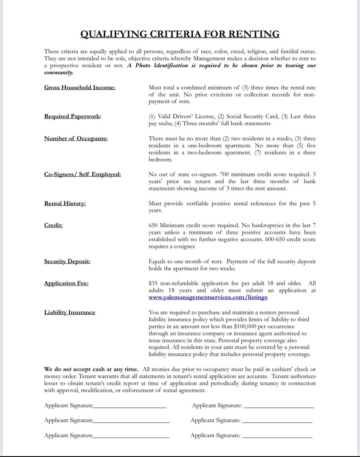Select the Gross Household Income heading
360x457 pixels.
click(x=80, y=88)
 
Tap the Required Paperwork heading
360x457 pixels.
click(x=72, y=116)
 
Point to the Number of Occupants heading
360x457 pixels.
click(x=76, y=138)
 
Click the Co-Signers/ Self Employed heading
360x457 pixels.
click(x=83, y=174)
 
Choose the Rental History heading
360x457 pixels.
click(x=65, y=204)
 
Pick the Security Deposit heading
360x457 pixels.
click(x=67, y=262)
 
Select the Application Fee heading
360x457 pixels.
click(x=66, y=284)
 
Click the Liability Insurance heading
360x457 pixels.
click(x=69, y=312)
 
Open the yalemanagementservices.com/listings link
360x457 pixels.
click(x=208, y=297)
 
